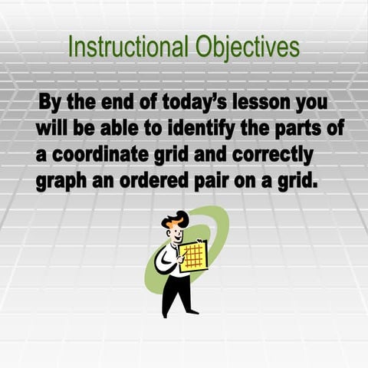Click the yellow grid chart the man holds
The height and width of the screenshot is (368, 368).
194,255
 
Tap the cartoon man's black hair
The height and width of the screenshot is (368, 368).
178,217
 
